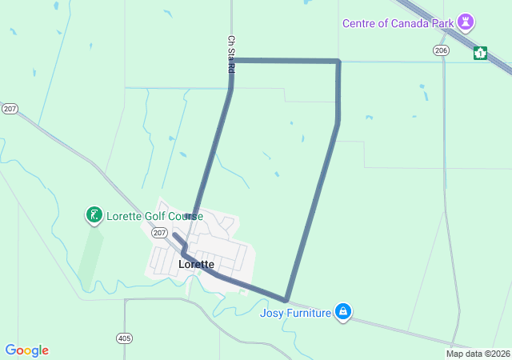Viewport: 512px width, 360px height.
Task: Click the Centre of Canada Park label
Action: [398, 23]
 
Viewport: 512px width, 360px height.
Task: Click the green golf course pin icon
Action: [94, 214]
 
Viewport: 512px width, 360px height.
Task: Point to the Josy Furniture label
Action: [295, 312]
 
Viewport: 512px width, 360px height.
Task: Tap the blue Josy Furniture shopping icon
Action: [343, 311]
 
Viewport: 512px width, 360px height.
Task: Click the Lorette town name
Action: [196, 264]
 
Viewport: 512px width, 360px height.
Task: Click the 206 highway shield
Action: [441, 50]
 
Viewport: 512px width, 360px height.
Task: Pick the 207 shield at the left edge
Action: [10, 108]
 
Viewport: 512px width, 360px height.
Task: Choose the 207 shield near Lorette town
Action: [158, 233]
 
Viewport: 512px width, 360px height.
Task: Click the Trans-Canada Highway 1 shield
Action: [480, 53]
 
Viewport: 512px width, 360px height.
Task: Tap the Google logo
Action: [26, 350]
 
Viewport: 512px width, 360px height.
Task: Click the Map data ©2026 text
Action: [477, 354]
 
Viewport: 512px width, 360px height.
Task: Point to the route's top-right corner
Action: [338, 61]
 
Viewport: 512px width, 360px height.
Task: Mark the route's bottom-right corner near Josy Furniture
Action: [286, 300]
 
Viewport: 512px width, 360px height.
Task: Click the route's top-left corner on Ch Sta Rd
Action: [232, 60]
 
